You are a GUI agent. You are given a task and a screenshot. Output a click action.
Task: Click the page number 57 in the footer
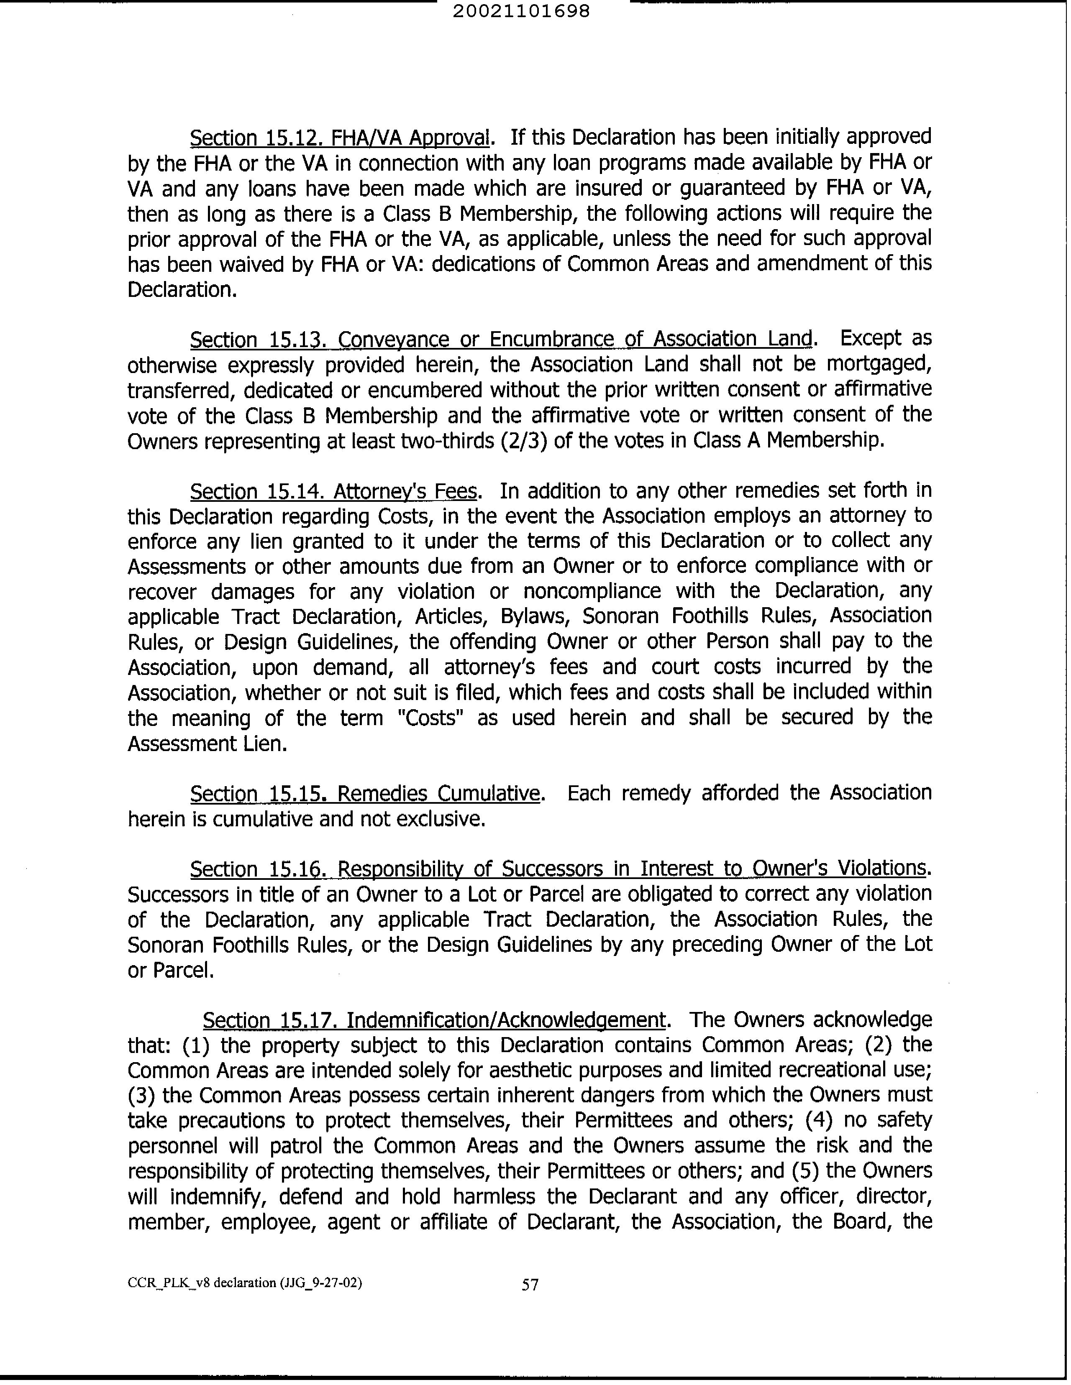pos(530,1285)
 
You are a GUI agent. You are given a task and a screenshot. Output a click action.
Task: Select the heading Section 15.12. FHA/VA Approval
pos(340,138)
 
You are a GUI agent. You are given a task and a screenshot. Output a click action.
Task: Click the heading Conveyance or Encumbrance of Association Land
pos(574,339)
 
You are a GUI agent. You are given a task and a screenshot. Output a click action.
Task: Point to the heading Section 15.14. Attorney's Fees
pos(333,491)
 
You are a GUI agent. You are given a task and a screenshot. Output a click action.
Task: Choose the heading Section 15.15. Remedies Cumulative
pos(366,793)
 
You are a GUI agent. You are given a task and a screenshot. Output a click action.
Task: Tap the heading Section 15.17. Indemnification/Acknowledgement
pos(434,1020)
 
